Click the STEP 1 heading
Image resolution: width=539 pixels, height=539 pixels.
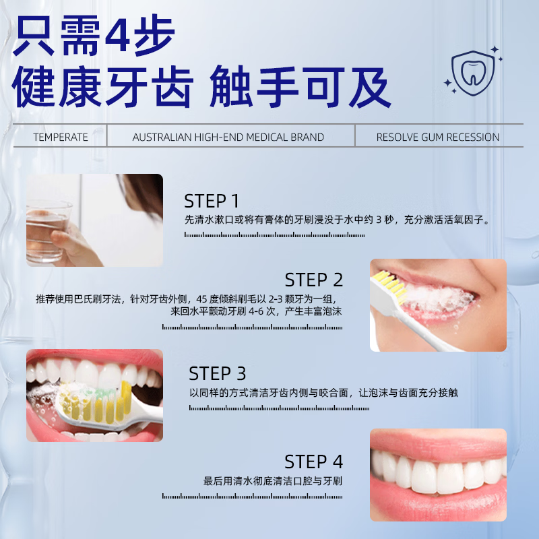212,201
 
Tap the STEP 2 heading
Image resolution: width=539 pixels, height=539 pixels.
314,280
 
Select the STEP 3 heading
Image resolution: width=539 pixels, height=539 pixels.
217,373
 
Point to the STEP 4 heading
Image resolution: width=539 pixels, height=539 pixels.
314,462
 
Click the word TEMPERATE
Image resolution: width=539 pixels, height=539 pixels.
61,137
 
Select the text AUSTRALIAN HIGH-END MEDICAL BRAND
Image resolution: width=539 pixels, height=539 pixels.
228,137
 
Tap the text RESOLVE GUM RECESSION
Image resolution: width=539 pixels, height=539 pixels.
437,137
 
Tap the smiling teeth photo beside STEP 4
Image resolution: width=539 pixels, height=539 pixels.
438,474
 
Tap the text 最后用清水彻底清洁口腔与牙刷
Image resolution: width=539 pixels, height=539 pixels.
273,481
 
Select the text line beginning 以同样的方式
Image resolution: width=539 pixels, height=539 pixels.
323,392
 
